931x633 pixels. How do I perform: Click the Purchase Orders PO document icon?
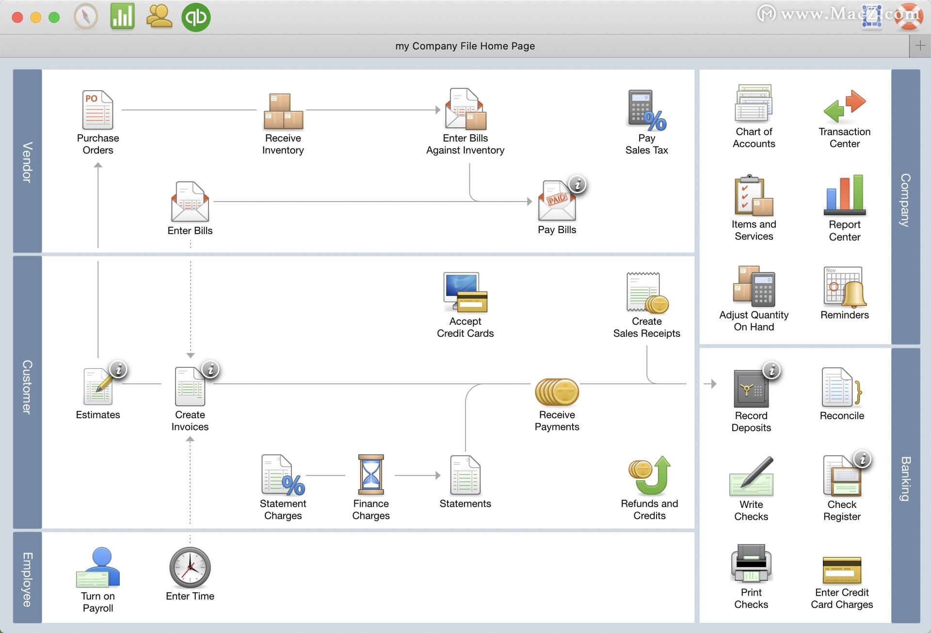click(98, 110)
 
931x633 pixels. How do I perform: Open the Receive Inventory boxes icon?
click(283, 111)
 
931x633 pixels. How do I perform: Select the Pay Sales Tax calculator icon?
click(647, 111)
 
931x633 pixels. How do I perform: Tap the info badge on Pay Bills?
click(578, 185)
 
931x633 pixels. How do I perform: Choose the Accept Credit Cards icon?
click(465, 292)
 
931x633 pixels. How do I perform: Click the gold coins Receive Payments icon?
click(557, 392)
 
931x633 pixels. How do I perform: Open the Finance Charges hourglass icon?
click(371, 475)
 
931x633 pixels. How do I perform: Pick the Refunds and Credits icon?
click(650, 475)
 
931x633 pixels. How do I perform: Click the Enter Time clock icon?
click(190, 568)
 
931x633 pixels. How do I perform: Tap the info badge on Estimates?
click(118, 369)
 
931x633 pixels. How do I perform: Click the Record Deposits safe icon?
click(751, 389)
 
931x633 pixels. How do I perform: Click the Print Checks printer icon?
click(751, 563)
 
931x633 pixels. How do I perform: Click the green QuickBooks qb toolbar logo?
click(196, 17)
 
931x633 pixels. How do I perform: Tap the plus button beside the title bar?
click(920, 46)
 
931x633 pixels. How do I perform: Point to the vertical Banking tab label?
click(905, 478)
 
